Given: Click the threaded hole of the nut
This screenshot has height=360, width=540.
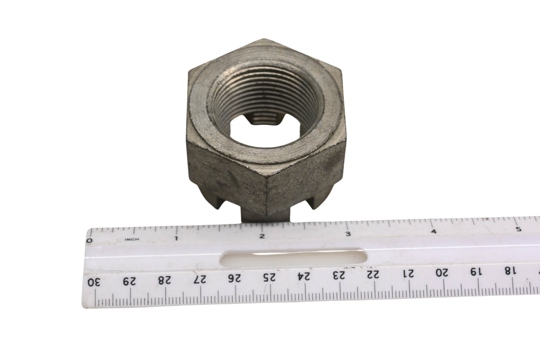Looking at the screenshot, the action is coord(265,106).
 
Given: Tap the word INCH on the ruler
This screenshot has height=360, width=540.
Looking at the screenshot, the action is coord(132,239).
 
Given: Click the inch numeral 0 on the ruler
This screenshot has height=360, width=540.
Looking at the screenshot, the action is coord(90,240).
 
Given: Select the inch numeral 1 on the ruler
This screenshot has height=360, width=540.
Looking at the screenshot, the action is coord(176,238).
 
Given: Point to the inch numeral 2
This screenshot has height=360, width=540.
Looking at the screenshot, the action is coord(262,236).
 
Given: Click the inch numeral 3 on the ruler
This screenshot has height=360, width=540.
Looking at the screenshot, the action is coord(348,234).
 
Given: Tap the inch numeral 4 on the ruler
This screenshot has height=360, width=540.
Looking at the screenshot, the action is coord(434,231).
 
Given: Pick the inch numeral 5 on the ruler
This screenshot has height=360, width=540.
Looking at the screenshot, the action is coord(519,229).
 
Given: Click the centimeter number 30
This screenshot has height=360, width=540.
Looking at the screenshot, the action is coord(94,282).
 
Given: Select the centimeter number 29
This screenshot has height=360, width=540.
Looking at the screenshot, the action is coord(129,281).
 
